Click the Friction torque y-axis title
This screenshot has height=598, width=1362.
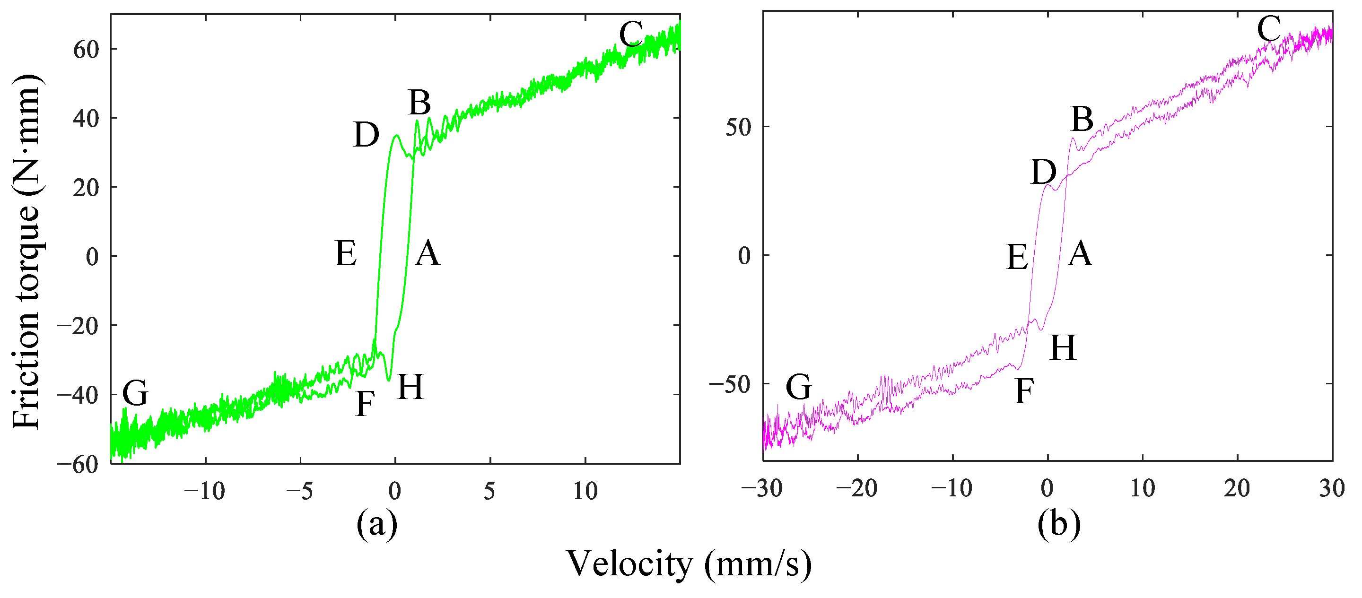(26, 251)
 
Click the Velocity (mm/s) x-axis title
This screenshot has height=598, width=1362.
(689, 564)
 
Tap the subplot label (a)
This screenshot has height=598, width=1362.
(376, 525)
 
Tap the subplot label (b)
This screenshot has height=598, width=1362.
(1058, 525)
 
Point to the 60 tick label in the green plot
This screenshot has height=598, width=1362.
(86, 50)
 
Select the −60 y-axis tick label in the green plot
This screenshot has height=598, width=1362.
(78, 465)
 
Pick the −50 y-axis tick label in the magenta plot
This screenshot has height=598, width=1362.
(730, 384)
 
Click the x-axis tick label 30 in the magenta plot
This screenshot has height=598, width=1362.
(1331, 488)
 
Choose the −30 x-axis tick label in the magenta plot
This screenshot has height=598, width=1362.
(762, 488)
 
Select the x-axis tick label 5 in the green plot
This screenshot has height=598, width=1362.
(489, 491)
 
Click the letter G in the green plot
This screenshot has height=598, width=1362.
(135, 393)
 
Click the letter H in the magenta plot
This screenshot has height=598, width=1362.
(1063, 348)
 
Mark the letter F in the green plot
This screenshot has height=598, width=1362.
(365, 404)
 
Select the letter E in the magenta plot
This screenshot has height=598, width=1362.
(1017, 258)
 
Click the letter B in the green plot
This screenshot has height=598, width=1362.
(419, 103)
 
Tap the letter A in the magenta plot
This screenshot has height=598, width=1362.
(1080, 254)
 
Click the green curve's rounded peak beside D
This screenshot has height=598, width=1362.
(396, 137)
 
